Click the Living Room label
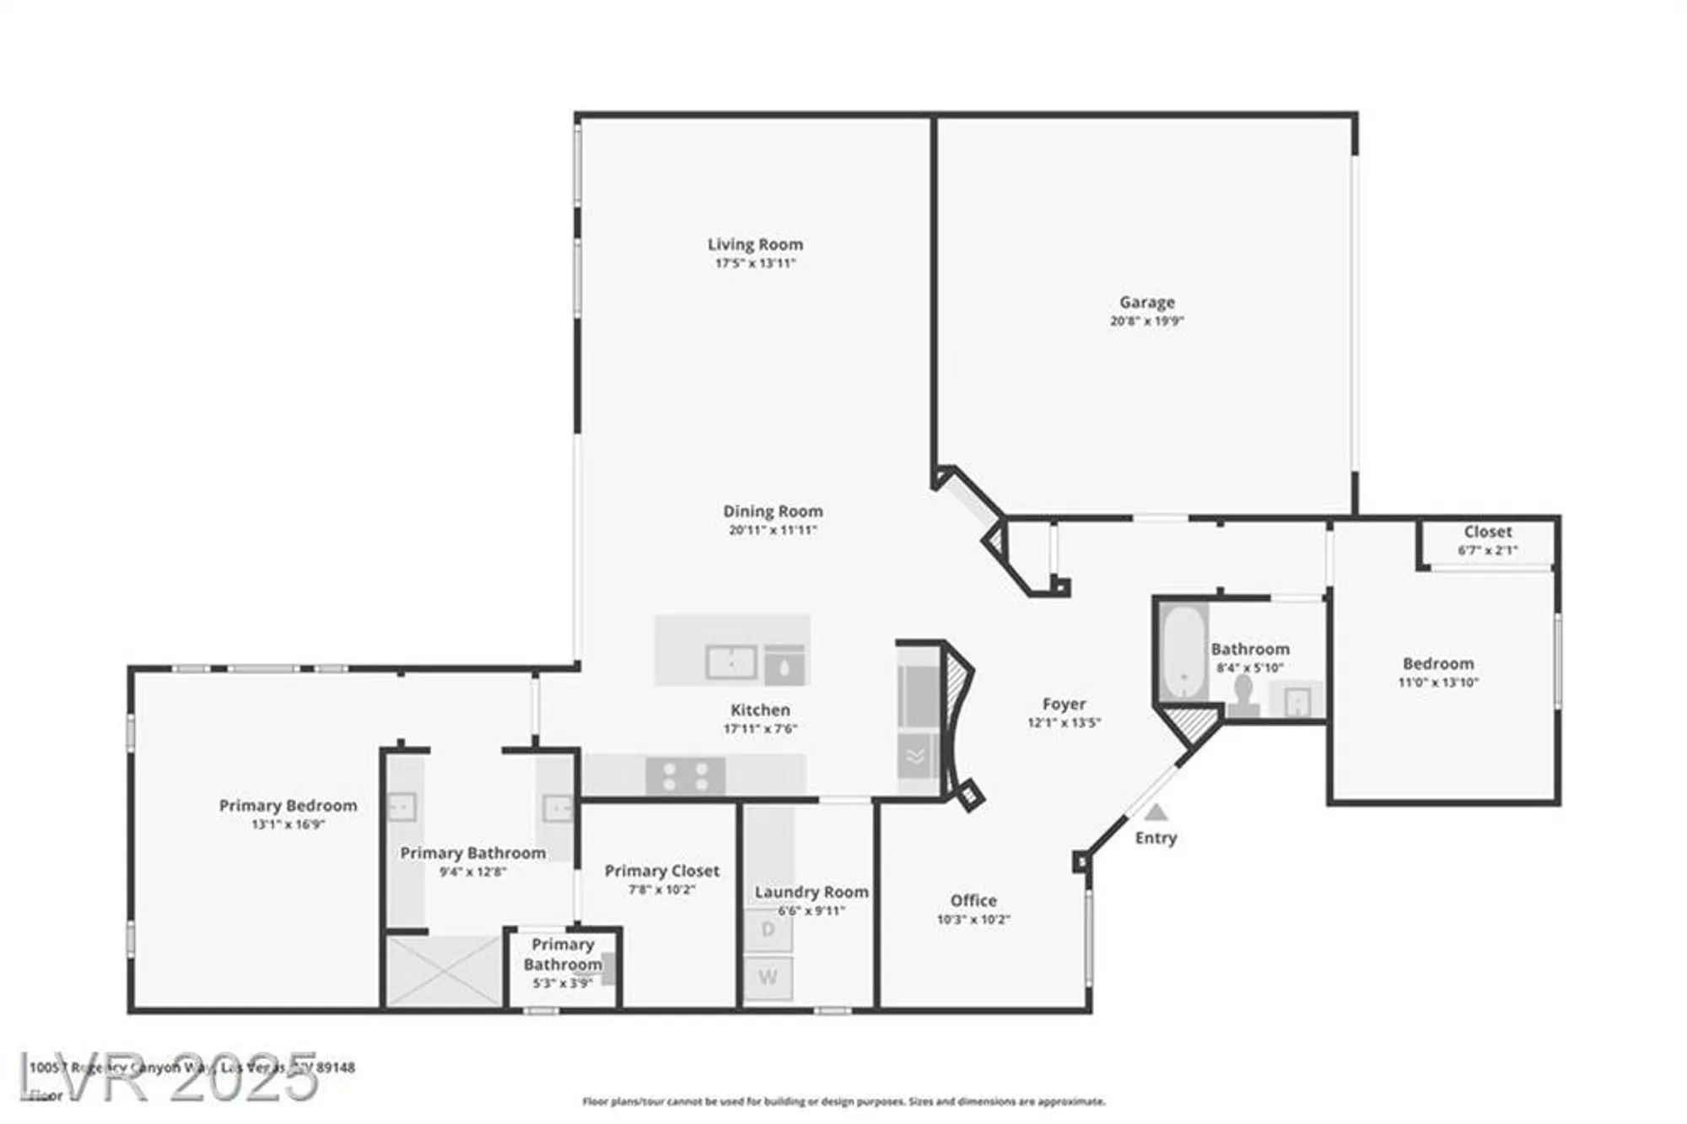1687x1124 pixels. pos(755,245)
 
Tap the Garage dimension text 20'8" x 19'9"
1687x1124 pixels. pos(1146,321)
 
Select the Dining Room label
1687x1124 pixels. pos(773,511)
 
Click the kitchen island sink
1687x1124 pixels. pos(730,662)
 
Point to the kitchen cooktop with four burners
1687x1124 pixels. pos(685,776)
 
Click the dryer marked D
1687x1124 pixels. pos(768,930)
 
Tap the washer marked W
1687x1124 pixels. pos(768,977)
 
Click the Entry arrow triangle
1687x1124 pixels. pos(1156,813)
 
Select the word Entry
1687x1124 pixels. pos(1156,838)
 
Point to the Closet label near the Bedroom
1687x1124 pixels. pos(1487,532)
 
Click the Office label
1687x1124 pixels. pos(973,900)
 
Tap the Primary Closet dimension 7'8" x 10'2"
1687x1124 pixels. pos(661,889)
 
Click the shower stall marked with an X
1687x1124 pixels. pos(444,970)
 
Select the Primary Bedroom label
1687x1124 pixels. pos(288,806)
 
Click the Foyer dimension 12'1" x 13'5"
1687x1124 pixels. pos(1064,722)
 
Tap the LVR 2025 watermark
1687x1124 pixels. pos(169,1078)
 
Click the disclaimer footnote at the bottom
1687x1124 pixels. pos(843,1101)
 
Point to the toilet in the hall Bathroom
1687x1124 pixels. pos(1243,697)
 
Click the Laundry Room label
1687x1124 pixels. pos(811,892)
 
